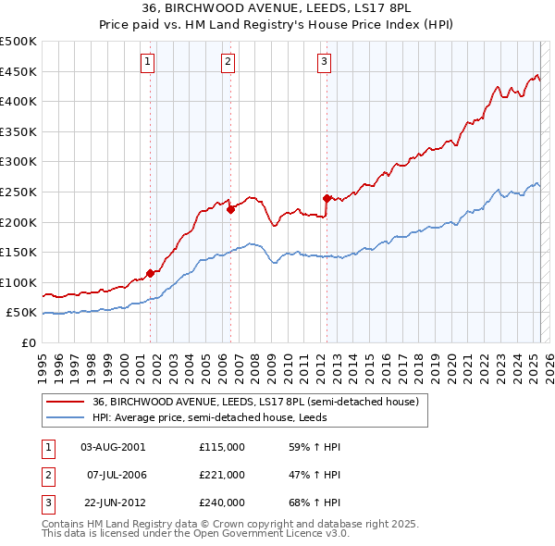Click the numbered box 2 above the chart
pyautogui.click(x=228, y=62)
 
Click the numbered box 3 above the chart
pyautogui.click(x=325, y=62)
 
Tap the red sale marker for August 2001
pyautogui.click(x=150, y=273)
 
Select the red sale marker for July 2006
pyautogui.click(x=230, y=209)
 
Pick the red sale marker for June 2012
pyautogui.click(x=327, y=197)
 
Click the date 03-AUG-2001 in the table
pyautogui.click(x=113, y=447)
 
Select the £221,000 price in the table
pyautogui.click(x=221, y=475)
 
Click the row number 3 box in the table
pyautogui.click(x=47, y=503)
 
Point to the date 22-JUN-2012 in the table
pyautogui.click(x=113, y=503)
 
